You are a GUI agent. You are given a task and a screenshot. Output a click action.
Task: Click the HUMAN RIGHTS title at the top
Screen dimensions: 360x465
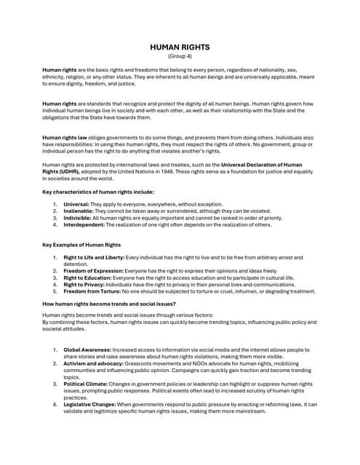(x=180, y=47)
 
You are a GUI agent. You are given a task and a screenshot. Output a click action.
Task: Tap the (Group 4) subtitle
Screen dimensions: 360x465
(x=180, y=56)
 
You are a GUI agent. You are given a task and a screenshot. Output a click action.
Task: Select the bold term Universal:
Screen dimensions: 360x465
(x=77, y=204)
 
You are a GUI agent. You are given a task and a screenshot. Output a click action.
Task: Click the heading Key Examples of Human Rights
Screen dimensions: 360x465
(x=81, y=245)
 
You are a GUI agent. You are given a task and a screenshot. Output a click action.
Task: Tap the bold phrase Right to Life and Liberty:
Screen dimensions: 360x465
(x=94, y=258)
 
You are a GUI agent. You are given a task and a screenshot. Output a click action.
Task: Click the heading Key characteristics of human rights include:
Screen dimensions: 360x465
(x=98, y=191)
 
